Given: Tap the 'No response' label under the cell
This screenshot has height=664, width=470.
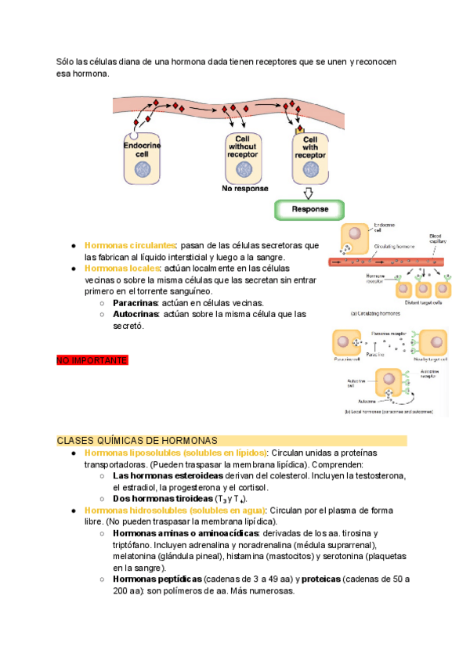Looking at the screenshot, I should point(244,189).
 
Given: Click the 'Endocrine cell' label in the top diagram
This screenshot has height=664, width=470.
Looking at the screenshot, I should point(142,150).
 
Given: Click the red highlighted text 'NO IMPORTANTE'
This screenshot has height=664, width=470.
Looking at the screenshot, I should point(92,360).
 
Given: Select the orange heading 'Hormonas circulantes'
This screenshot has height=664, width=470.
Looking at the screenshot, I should point(130,245).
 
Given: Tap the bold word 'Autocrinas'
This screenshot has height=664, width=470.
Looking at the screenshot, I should point(136,314).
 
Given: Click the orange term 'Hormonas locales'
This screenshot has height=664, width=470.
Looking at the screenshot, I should point(121,268).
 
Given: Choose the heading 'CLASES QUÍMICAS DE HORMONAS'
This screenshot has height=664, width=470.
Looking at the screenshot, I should point(137,441).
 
